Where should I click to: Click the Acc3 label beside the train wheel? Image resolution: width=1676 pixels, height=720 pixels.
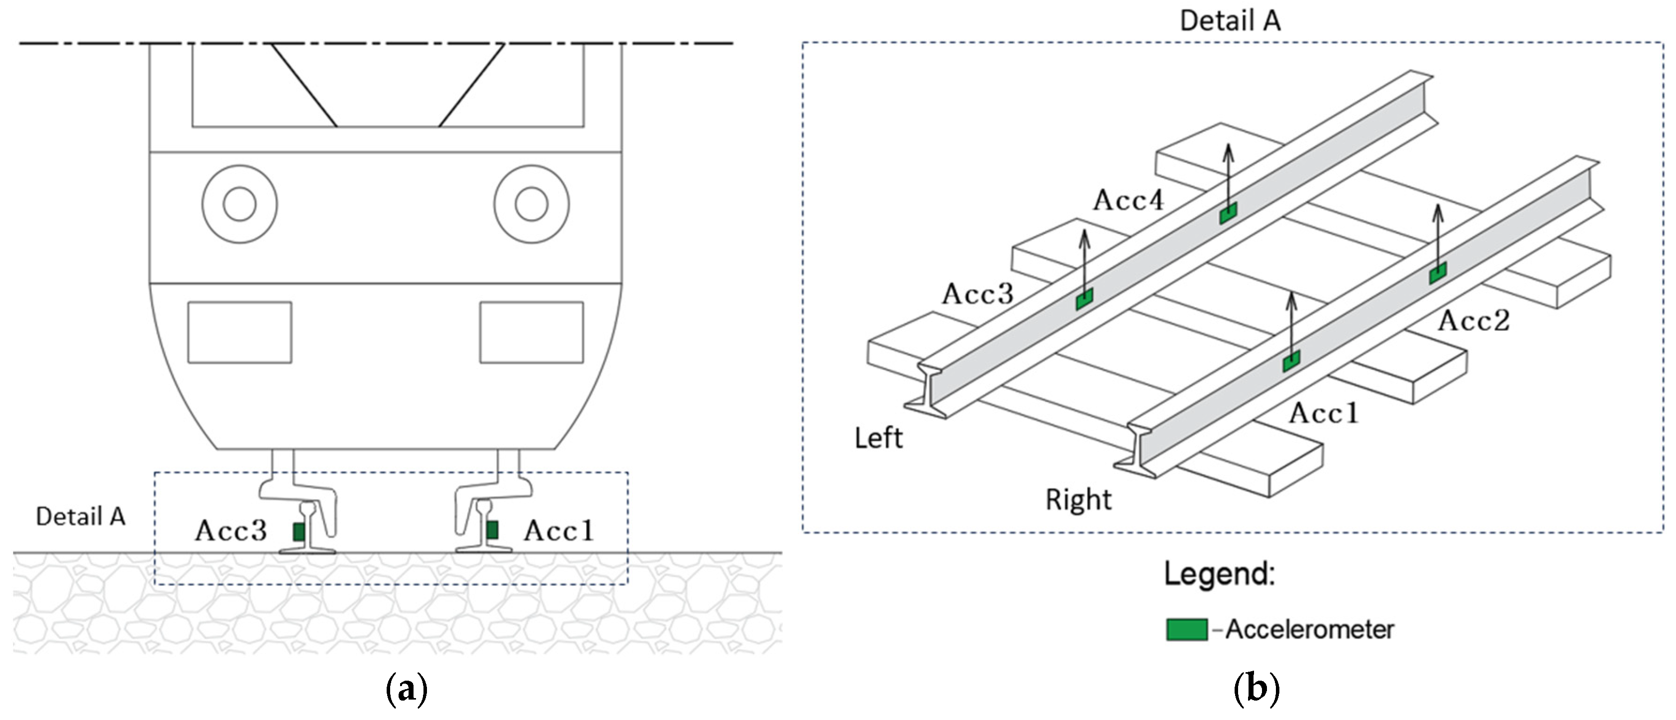pos(231,531)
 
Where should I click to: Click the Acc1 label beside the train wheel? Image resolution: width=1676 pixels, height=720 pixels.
pos(559,531)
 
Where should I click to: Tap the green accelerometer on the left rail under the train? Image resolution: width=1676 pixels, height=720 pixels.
pos(299,532)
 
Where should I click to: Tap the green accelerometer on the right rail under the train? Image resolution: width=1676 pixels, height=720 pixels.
pos(493,530)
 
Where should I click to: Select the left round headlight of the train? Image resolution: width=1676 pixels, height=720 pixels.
pos(239,204)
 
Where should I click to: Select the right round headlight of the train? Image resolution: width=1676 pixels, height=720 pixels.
pos(531,204)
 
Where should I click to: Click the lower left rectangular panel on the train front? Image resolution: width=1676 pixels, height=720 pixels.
pos(239,332)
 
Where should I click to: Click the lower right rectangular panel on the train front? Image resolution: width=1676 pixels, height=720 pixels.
pos(531,332)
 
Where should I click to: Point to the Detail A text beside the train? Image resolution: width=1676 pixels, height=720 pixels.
pos(81,517)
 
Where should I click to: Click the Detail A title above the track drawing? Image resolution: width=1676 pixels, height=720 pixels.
pos(1230,21)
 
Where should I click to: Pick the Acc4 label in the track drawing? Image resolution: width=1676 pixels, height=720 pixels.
pos(1128,200)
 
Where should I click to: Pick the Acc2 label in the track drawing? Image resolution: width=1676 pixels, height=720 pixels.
pos(1473,320)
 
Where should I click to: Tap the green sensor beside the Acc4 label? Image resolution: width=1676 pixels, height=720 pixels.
pos(1228,213)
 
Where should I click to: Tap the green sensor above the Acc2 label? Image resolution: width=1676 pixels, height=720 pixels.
pos(1438,273)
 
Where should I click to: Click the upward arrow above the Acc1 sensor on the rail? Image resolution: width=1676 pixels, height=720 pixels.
pos(1291,322)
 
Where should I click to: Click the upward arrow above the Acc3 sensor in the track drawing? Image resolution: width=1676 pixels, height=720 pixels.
pos(1084,260)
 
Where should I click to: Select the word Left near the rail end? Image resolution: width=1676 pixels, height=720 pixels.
pos(878,438)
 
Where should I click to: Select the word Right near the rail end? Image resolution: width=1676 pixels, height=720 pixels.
pos(1078,500)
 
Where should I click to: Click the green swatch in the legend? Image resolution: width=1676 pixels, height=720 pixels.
pos(1187,629)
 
